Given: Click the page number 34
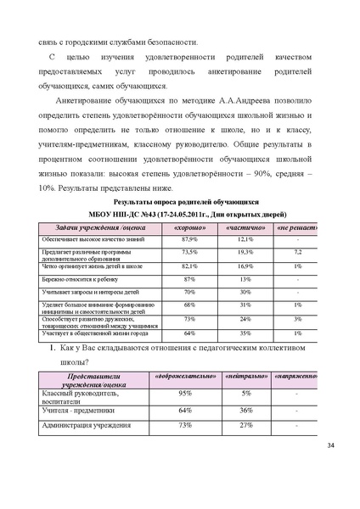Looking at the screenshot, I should coord(330,445).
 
